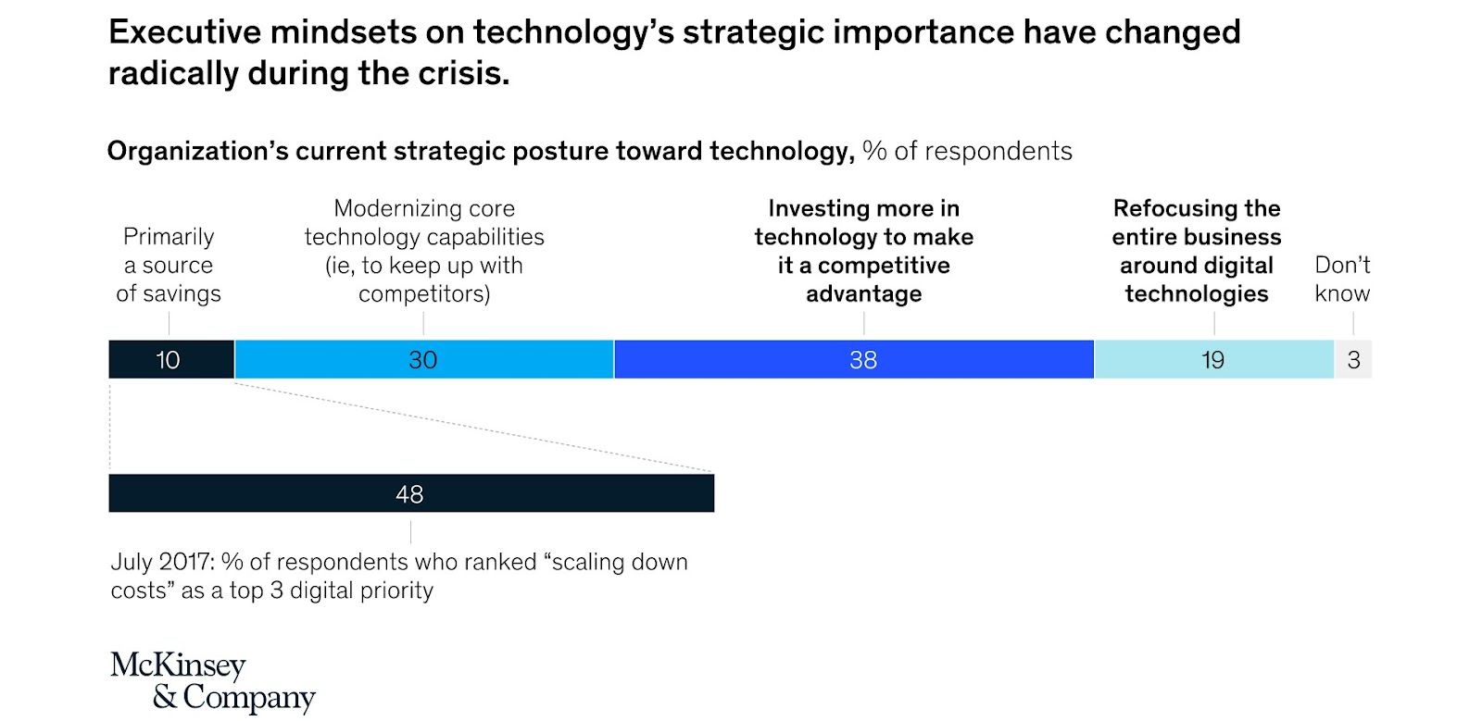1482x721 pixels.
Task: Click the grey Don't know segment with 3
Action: (x=1353, y=359)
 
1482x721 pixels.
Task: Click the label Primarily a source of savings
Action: (x=169, y=265)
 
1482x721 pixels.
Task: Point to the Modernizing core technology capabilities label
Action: (x=424, y=251)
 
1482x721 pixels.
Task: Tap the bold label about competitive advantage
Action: (x=863, y=251)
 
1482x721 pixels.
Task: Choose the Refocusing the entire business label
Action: (x=1196, y=251)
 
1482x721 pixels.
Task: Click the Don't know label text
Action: (x=1342, y=279)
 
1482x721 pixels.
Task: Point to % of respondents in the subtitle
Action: (x=967, y=151)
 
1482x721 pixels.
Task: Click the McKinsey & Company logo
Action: (x=213, y=680)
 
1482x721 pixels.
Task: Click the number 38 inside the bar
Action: (x=863, y=360)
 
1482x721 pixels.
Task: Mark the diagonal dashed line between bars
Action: (x=472, y=427)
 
